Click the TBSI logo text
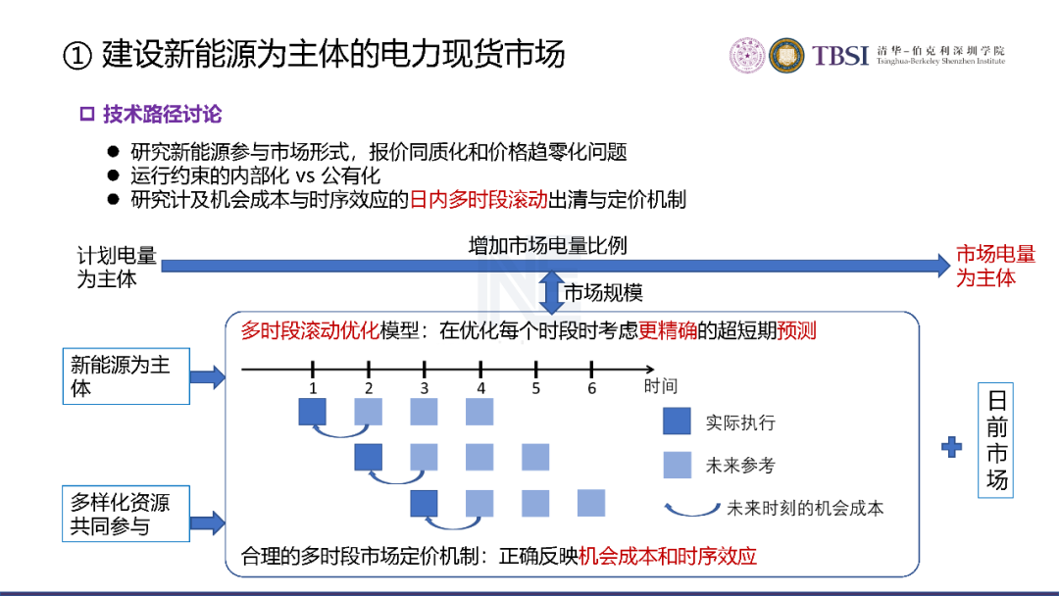[839, 55]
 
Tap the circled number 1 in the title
[77, 56]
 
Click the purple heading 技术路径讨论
[162, 114]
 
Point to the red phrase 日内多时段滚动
[479, 200]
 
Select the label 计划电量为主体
[116, 268]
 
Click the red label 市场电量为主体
[995, 266]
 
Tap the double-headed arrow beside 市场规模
[552, 292]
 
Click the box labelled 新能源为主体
[126, 376]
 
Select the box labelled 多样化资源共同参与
[126, 514]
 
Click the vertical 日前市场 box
[996, 440]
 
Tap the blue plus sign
[951, 447]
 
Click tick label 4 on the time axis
[480, 389]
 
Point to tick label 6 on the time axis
[591, 389]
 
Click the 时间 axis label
[661, 386]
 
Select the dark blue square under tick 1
[313, 412]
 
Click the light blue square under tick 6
[591, 503]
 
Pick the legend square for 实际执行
[677, 421]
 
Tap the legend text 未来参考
[740, 465]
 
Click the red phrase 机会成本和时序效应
[668, 556]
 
